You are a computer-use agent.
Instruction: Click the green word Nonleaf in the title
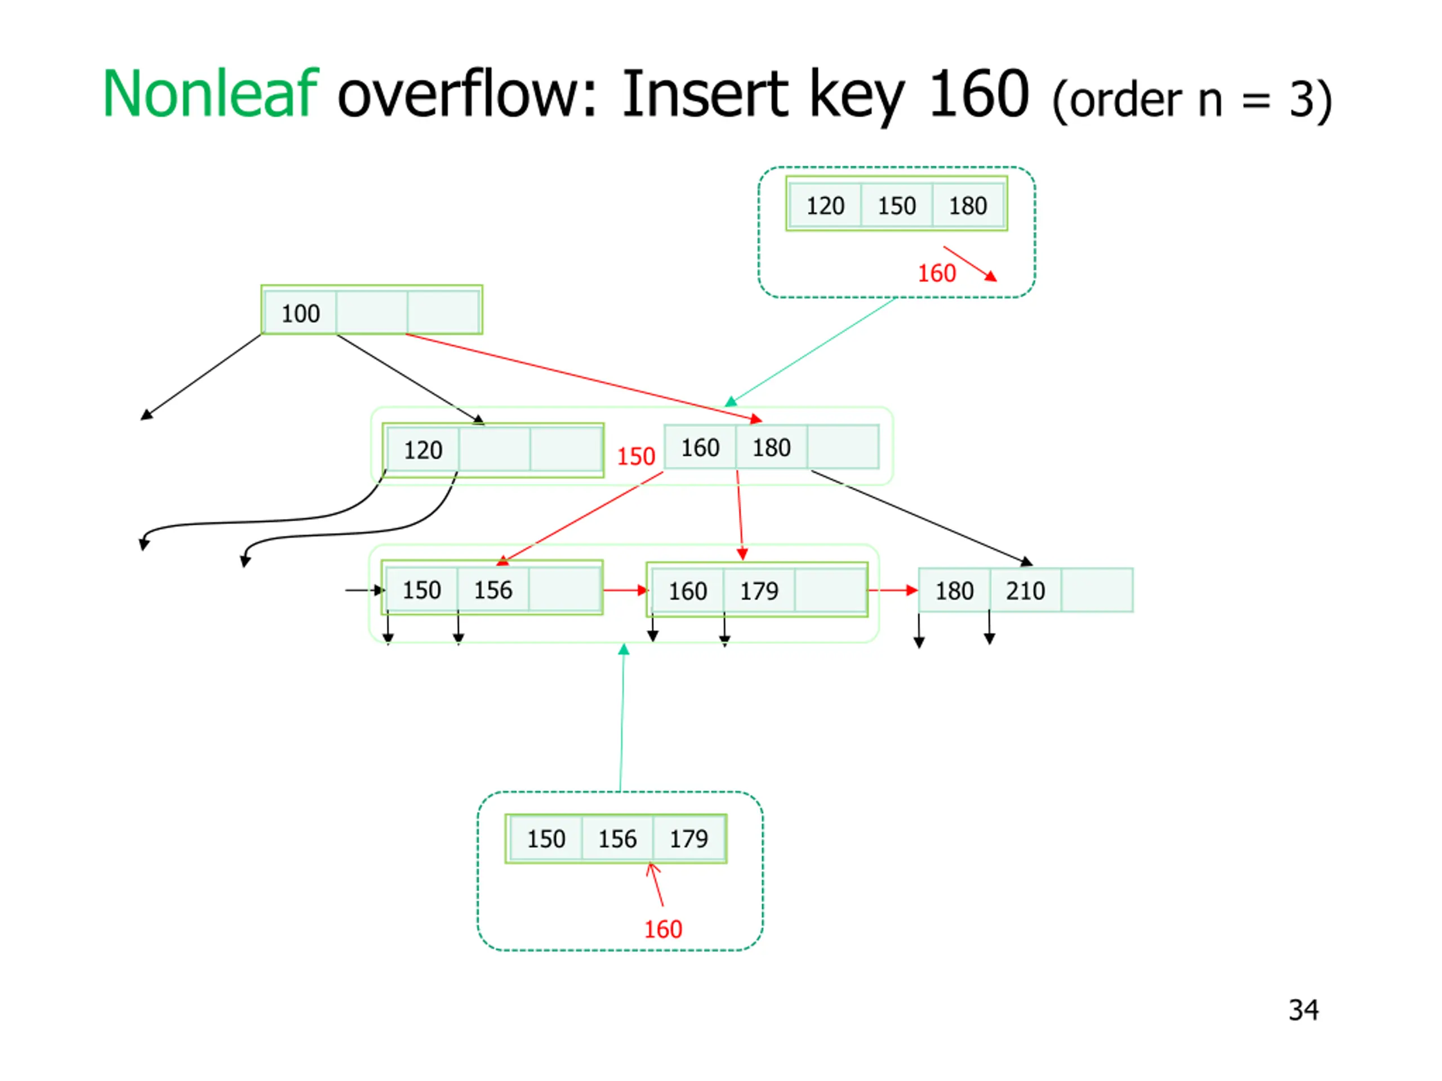210,94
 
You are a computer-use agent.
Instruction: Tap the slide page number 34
1303,1011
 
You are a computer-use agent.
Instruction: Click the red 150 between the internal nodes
635,456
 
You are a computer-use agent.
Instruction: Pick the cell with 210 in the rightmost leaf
1025,591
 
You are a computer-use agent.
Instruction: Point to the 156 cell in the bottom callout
617,838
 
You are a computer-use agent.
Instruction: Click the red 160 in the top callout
937,273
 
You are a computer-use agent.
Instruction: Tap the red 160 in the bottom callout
663,929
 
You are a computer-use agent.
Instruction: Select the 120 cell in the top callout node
825,206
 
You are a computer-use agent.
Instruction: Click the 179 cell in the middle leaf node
759,591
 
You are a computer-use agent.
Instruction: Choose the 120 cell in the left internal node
423,450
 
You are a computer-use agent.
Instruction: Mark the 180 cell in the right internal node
772,447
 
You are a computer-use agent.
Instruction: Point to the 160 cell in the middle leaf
688,591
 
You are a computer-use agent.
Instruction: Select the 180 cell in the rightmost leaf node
954,591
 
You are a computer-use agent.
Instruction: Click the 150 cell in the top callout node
897,206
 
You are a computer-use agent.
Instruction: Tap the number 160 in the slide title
979,94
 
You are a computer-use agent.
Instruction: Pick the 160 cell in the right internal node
700,447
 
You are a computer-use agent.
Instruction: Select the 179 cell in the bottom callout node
689,838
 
